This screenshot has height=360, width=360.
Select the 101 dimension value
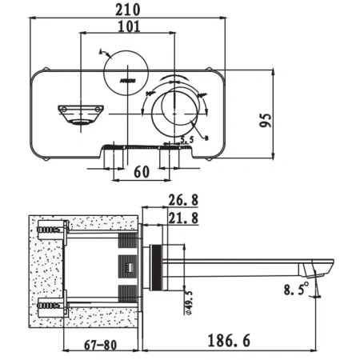127,26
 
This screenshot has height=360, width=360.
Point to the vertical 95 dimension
267,119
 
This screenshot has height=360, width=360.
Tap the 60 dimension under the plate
141,171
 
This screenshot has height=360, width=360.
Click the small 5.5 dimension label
186,141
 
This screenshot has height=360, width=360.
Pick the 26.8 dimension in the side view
184,201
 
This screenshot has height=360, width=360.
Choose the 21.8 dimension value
184,217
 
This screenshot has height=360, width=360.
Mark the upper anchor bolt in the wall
50,232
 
